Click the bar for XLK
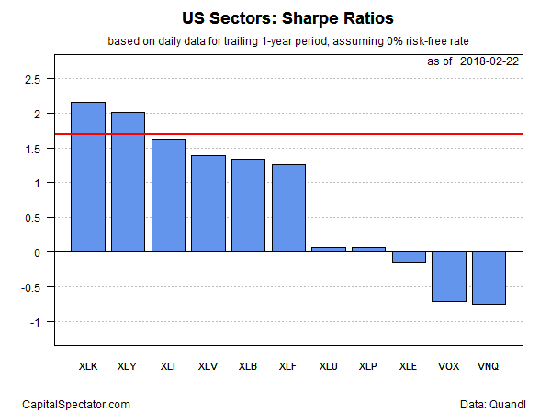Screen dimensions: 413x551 tap(88, 176)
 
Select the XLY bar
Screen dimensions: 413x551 tap(129, 182)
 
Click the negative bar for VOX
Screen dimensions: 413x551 tap(449, 276)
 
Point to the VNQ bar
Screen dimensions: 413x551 tap(489, 277)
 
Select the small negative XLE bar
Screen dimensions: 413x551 tap(409, 257)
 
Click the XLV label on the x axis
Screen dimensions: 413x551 tap(208, 366)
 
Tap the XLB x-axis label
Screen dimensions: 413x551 tap(248, 366)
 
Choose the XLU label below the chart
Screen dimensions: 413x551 tap(329, 366)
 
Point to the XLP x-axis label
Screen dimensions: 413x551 tap(368, 366)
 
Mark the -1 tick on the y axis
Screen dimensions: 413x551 tap(36, 322)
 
